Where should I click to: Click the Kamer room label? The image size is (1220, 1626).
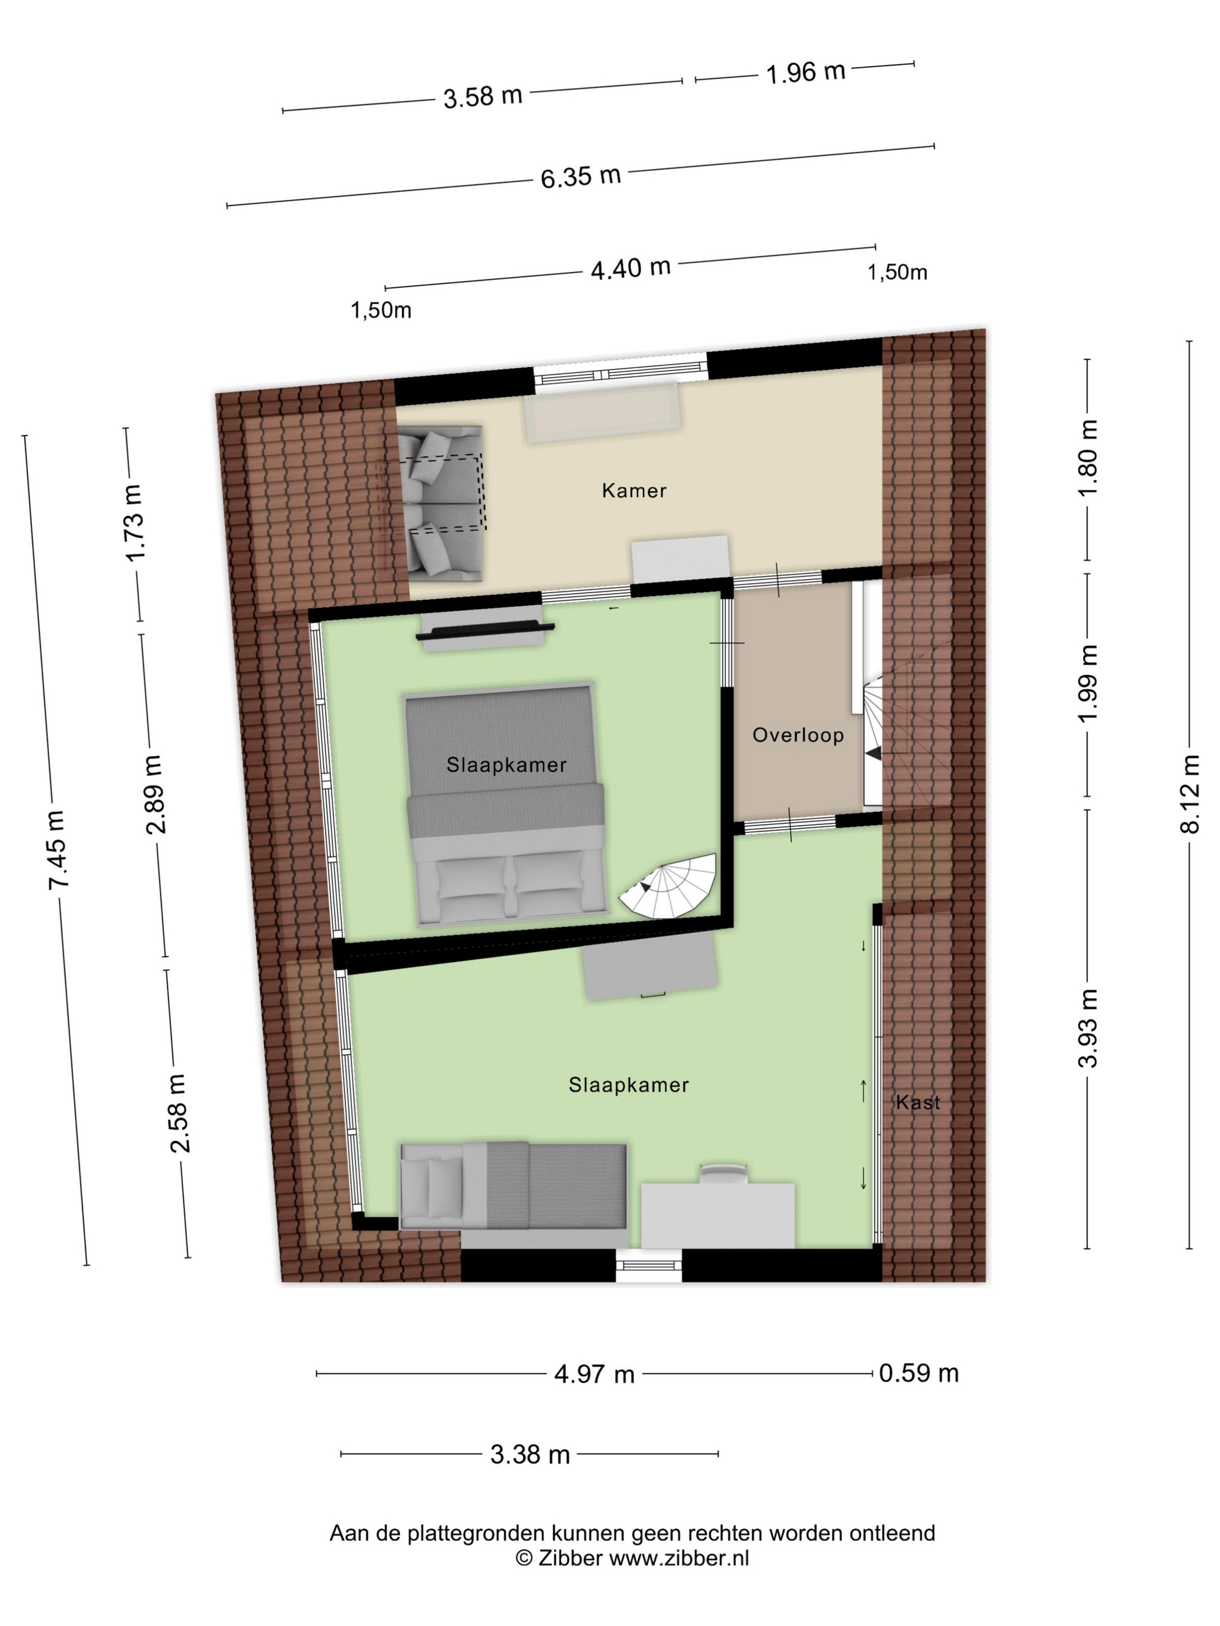[633, 490]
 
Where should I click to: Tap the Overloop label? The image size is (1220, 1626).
[797, 735]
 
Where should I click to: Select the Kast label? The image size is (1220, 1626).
[918, 1102]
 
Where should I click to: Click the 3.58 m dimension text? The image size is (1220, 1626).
[482, 96]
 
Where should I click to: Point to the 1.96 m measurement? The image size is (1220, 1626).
[805, 72]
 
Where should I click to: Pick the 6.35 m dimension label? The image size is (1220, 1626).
[581, 177]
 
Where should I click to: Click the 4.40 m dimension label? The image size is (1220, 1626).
[631, 268]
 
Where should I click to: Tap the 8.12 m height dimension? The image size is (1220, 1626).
[1190, 794]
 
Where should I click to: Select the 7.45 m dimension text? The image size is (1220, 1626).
[56, 850]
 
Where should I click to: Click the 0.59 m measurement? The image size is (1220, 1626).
[918, 1373]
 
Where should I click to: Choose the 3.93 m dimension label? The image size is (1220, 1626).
[1087, 1028]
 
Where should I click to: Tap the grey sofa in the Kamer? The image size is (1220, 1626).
[440, 503]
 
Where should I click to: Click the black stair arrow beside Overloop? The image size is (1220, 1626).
[873, 753]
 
